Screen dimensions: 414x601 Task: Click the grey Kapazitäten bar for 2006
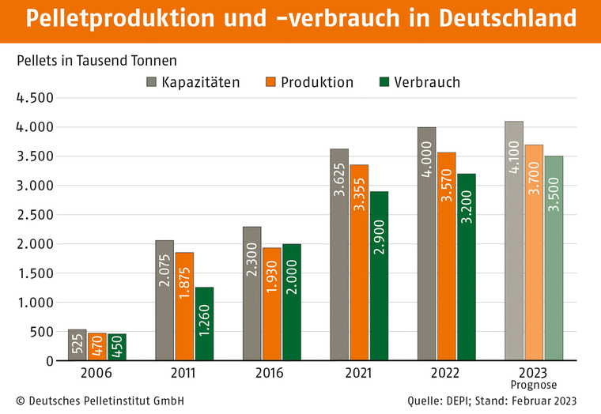[77, 345]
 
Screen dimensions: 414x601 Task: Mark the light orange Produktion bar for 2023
[534, 253]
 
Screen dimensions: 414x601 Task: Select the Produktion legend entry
[309, 81]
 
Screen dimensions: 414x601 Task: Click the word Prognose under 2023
[535, 385]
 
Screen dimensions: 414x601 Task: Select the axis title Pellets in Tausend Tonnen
[96, 60]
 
